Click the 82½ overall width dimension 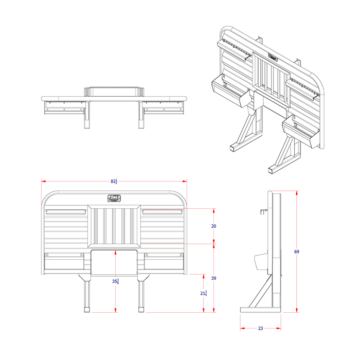click(x=114, y=182)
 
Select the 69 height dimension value click(x=297, y=251)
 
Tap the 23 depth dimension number click(x=260, y=328)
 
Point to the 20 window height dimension click(x=214, y=226)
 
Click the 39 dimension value click(x=214, y=278)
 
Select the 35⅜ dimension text click(x=116, y=281)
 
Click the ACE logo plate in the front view click(x=114, y=198)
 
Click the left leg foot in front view click(x=86, y=310)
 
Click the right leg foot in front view click(x=141, y=310)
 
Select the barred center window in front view click(x=114, y=225)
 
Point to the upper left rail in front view click(x=65, y=211)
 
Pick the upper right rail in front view click(x=163, y=211)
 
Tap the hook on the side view click(x=264, y=211)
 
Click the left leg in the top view click(x=86, y=116)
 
